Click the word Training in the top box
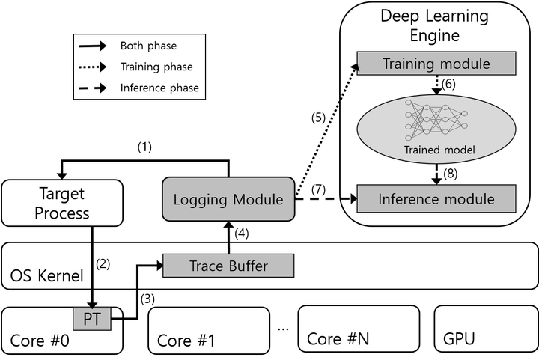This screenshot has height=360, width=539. click(x=407, y=64)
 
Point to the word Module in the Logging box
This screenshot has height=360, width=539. click(x=258, y=200)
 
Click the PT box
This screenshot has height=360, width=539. click(x=91, y=319)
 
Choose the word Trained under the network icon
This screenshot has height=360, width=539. click(x=422, y=150)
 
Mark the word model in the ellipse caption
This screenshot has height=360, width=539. click(x=460, y=150)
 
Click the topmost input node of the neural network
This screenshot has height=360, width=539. click(x=409, y=101)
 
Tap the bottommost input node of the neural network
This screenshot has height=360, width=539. click(x=409, y=137)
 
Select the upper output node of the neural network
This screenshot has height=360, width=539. click(x=464, y=114)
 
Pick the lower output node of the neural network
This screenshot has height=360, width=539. click(x=464, y=126)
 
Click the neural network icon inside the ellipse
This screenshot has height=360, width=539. click(x=436, y=119)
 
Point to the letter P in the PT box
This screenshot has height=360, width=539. click(x=87, y=320)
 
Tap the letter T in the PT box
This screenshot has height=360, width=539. click(x=97, y=320)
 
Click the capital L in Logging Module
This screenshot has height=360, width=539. click(x=177, y=200)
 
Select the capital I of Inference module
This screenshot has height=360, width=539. click(x=381, y=199)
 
